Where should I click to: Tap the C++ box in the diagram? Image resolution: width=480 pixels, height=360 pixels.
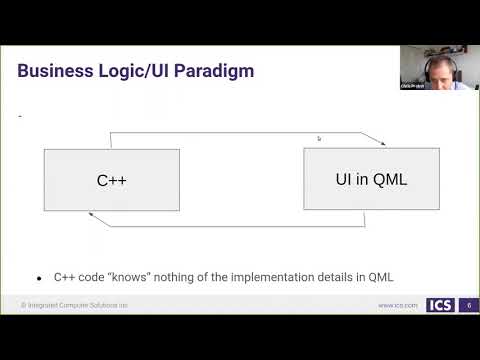click(x=111, y=180)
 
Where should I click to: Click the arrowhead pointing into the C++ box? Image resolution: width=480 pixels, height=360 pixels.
click(x=92, y=214)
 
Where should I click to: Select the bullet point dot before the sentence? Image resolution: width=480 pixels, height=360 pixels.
click(x=39, y=278)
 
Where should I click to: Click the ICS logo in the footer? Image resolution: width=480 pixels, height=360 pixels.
click(x=439, y=305)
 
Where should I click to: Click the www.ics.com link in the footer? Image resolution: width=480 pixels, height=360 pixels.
click(x=397, y=305)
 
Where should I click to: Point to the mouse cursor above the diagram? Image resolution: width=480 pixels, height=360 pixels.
click(x=319, y=139)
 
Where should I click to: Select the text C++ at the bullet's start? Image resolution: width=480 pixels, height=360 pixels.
click(x=62, y=278)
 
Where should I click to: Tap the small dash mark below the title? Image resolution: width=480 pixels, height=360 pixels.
click(x=21, y=118)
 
